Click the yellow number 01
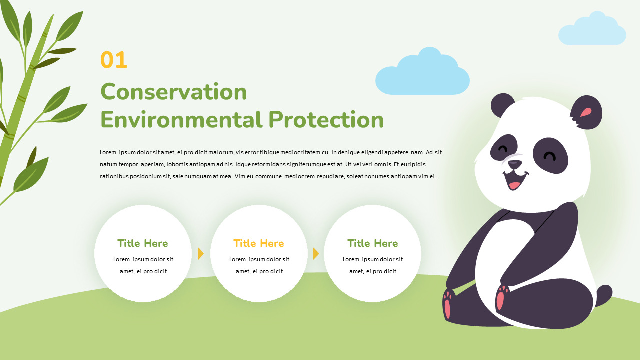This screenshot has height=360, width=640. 114,60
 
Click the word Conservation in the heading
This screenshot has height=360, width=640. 174,92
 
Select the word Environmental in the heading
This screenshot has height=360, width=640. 181,120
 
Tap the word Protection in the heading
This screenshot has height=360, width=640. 326,120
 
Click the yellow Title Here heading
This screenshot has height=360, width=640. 258,243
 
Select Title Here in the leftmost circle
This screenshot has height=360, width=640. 143,243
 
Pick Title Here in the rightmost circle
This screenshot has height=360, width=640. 372,243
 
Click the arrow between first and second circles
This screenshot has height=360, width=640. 201,253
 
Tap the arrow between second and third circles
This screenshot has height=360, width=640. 316,253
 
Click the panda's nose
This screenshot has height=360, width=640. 515,164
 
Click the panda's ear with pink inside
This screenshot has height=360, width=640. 586,112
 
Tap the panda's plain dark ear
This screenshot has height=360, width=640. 501,105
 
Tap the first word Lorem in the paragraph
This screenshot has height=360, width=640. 108,152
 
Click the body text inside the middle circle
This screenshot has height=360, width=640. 259,265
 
